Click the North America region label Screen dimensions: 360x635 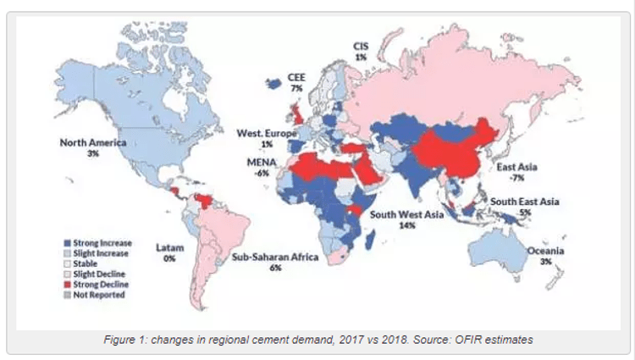click(x=93, y=142)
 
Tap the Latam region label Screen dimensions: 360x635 click(x=169, y=247)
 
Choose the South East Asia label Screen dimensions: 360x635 click(x=525, y=202)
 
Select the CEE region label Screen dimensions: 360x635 click(x=296, y=77)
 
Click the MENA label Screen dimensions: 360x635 click(x=261, y=161)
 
